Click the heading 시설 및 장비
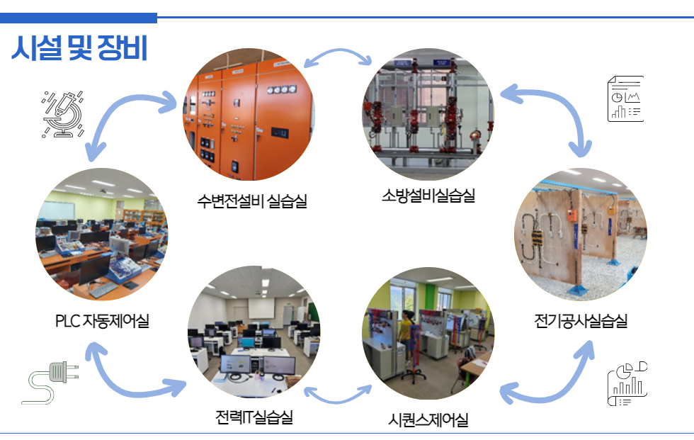click(79, 47)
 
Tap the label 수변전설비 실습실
click(252, 201)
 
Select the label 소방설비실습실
click(428, 196)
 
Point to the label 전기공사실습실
click(581, 321)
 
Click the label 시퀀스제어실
click(428, 419)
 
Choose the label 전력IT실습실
click(254, 417)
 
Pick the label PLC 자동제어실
click(102, 321)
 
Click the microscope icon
click(63, 114)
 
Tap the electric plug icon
click(50, 383)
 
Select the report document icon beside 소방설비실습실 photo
click(625, 98)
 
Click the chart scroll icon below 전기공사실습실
click(627, 384)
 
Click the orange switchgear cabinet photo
click(249, 114)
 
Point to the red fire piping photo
click(428, 114)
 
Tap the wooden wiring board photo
click(581, 234)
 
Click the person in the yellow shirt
click(405, 337)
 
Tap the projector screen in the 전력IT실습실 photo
click(261, 308)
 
